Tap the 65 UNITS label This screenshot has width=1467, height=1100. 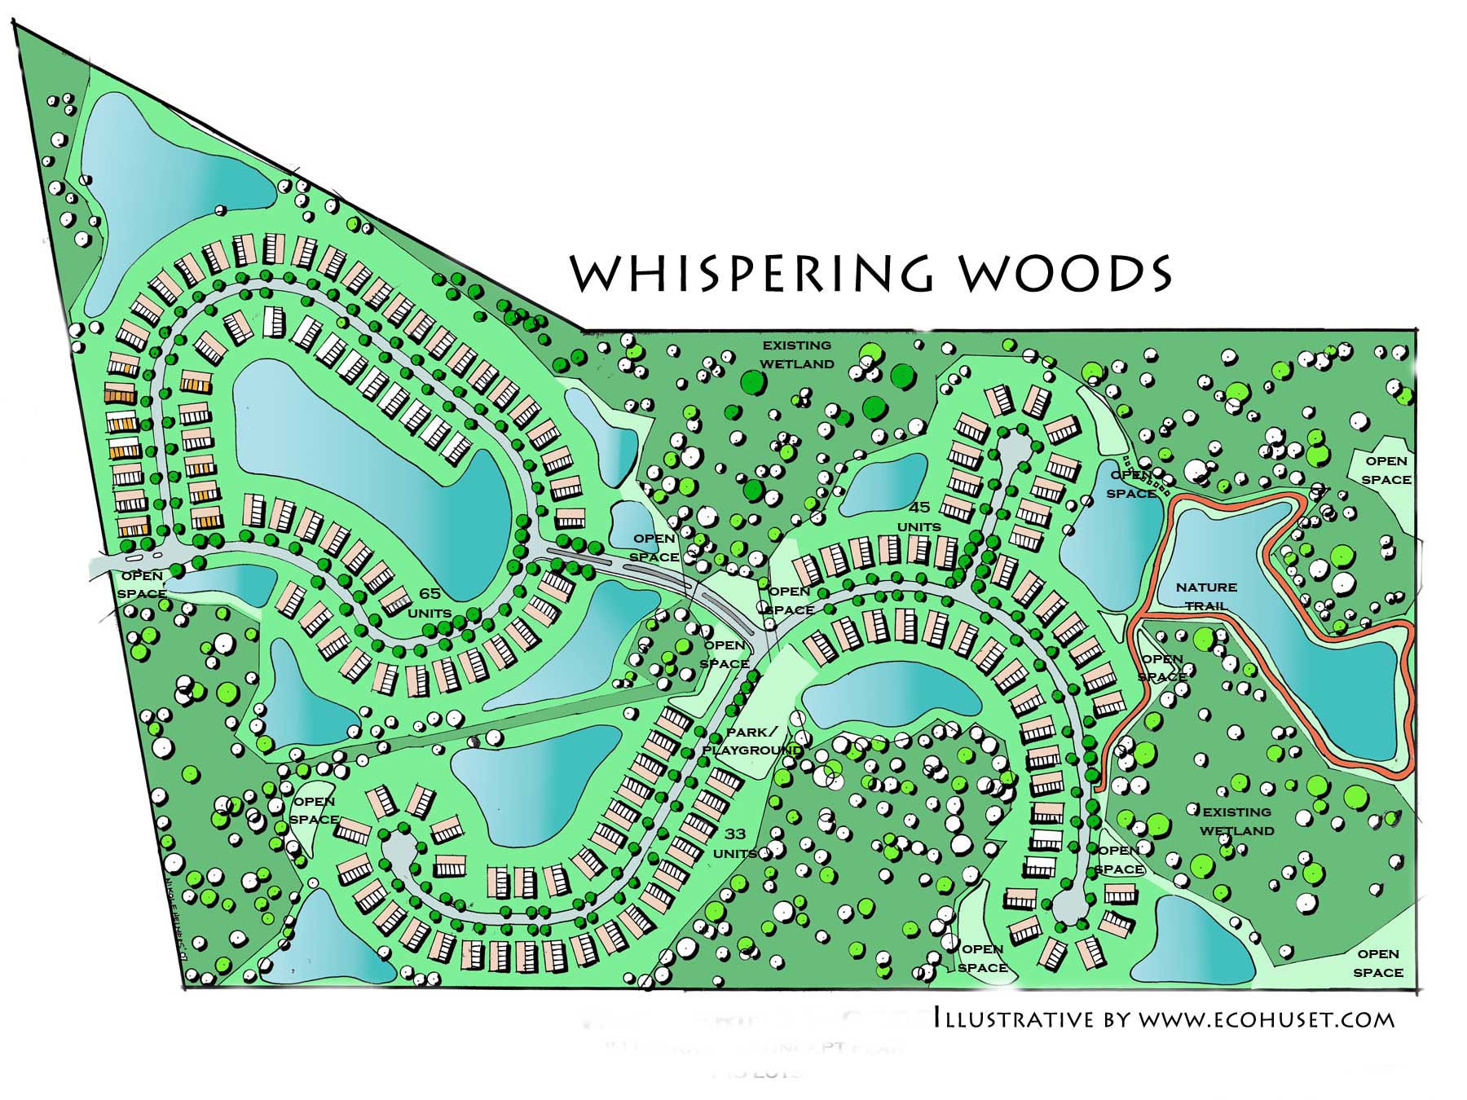point(430,603)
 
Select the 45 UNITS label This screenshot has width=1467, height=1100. point(919,517)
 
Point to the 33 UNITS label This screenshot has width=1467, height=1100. point(735,843)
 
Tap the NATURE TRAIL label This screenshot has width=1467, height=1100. point(1206,596)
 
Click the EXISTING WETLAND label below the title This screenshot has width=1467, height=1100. point(796,354)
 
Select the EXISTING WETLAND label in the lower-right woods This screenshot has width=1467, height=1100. point(1236,821)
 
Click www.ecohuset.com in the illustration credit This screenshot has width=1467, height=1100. point(1266,1019)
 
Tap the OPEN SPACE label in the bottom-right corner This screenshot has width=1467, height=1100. point(1378,963)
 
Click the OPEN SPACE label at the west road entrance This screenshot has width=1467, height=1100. point(141,584)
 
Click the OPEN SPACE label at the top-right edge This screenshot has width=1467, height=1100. point(1386,470)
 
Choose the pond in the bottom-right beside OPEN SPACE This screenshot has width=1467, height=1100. point(1194,945)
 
